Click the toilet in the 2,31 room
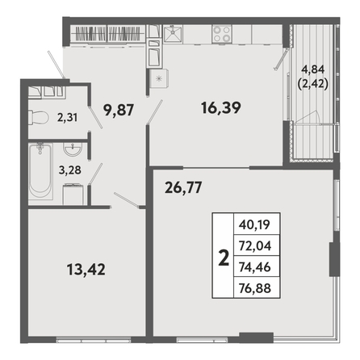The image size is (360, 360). click(38, 117)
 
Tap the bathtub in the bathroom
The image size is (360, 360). click(40, 171)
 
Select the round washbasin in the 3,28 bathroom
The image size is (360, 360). click(72, 149)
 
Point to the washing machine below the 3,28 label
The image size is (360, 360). click(73, 195)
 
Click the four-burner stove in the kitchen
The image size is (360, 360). click(222, 34)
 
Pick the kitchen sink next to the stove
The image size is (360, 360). click(173, 34)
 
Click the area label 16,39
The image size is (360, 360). click(221, 108)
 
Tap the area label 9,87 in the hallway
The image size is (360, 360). click(119, 110)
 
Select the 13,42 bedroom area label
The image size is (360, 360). click(86, 270)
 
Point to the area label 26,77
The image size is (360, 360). click(183, 187)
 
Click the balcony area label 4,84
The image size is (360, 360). click(313, 69)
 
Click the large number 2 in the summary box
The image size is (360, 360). click(224, 257)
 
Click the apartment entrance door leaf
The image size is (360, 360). click(56, 65)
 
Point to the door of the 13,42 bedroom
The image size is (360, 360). click(127, 200)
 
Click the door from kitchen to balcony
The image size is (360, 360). click(281, 60)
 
